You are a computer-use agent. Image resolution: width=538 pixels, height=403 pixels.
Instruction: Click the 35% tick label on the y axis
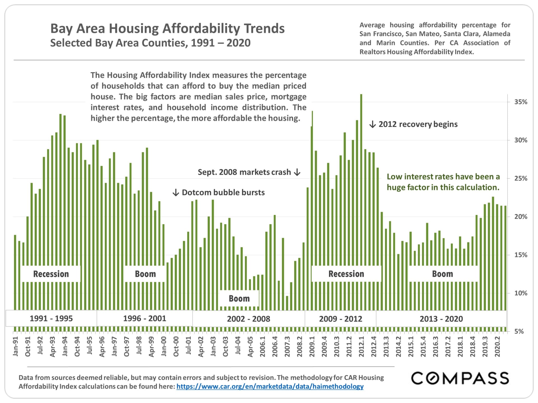(521, 102)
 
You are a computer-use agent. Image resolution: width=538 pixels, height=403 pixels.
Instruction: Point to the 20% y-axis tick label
(521, 217)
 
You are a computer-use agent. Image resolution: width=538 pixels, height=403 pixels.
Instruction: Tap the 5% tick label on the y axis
(519, 332)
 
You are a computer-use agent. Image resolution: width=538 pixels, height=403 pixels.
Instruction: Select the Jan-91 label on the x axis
(16, 346)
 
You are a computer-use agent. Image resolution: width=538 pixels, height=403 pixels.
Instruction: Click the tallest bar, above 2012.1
(361, 168)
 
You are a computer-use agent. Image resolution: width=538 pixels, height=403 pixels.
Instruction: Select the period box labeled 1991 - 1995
(51, 318)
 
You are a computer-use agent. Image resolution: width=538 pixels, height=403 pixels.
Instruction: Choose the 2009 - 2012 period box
(340, 319)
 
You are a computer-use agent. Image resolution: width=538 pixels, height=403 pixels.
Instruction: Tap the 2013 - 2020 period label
(441, 319)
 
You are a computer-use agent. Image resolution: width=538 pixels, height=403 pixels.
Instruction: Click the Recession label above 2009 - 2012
(346, 274)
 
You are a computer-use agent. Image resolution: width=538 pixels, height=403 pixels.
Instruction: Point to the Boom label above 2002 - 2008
(239, 299)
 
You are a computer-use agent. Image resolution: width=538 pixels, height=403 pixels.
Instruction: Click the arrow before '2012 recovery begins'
(372, 124)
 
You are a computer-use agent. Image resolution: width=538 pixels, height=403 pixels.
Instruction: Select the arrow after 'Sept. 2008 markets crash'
(297, 172)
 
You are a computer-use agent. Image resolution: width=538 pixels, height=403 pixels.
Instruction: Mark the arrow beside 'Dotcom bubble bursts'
(176, 193)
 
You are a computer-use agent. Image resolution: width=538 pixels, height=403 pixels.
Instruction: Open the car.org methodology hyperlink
(270, 386)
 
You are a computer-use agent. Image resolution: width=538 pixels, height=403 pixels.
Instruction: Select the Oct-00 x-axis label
(176, 346)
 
